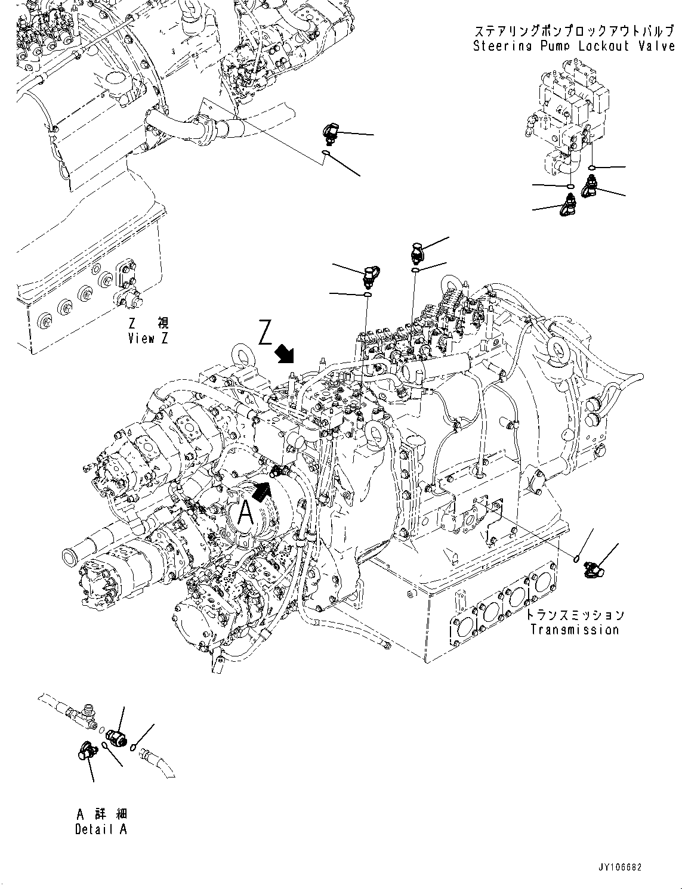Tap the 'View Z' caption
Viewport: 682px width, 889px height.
click(x=148, y=338)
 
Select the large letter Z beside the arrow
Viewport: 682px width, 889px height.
click(x=266, y=333)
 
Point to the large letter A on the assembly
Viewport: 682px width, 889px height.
click(x=245, y=512)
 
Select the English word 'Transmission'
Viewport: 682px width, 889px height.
click(x=574, y=630)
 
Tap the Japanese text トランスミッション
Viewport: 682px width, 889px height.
click(x=576, y=615)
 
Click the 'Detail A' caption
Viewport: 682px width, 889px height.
click(x=101, y=829)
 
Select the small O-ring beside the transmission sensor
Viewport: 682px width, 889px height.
click(x=576, y=559)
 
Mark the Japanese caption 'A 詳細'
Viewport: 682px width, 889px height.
click(x=101, y=814)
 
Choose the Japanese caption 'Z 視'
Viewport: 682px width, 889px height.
click(x=148, y=324)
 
